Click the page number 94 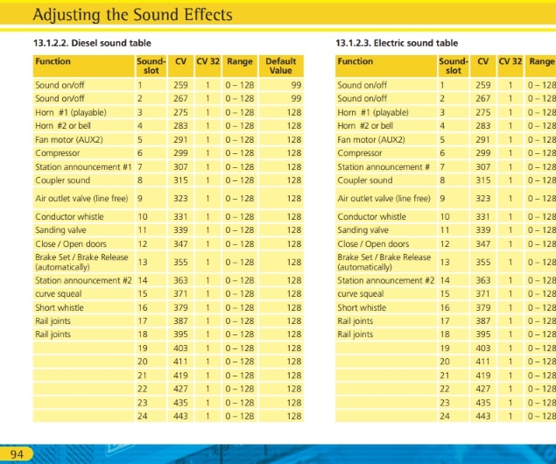(17, 453)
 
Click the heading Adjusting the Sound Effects (131, 15)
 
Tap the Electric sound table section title (398, 42)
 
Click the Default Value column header (280, 66)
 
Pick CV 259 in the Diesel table (180, 86)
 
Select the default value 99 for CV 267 (296, 99)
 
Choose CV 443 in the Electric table (483, 417)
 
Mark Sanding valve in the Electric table (365, 230)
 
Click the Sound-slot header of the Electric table (453, 66)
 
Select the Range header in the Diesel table (239, 61)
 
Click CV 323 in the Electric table (483, 198)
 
